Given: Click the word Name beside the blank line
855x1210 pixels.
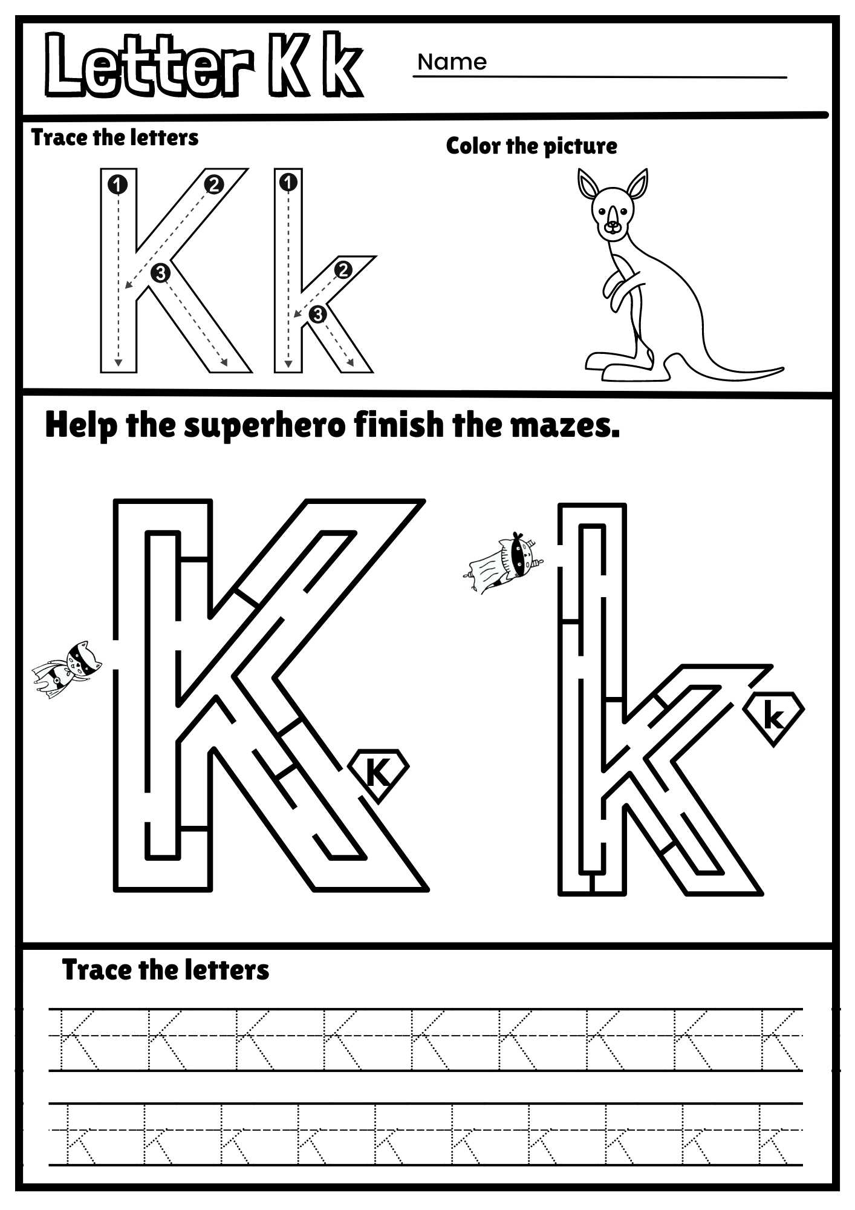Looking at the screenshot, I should tap(452, 62).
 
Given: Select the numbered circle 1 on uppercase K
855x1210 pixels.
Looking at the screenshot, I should tap(118, 185).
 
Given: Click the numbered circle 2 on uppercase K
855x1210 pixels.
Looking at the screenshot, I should tap(213, 185).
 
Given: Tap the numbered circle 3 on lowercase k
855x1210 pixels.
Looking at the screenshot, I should tap(317, 314).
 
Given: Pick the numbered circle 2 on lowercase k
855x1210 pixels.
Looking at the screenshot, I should tap(343, 270).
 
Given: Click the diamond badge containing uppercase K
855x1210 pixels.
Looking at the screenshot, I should tap(379, 773).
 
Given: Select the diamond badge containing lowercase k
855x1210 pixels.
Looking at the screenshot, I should tap(774, 718).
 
